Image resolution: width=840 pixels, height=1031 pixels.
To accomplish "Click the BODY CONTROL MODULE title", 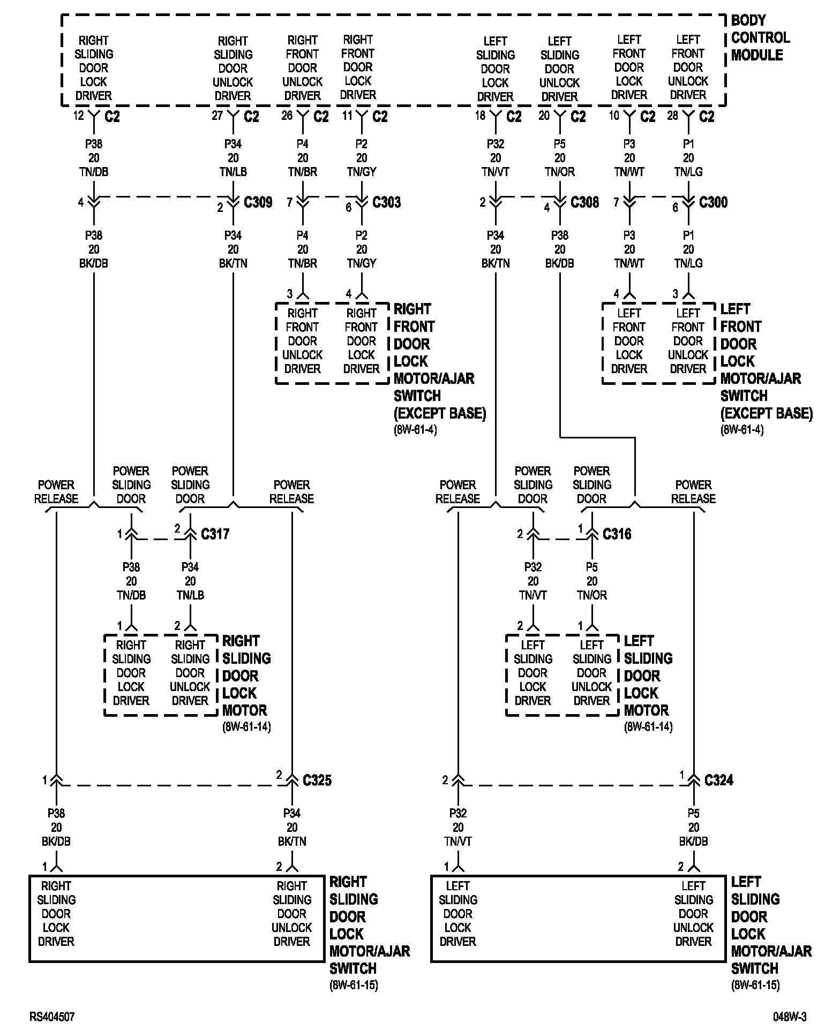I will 760,38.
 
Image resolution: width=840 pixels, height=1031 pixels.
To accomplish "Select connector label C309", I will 258,202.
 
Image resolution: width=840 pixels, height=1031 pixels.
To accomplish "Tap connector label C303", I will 386,202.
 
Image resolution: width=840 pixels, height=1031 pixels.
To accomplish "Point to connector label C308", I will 584,202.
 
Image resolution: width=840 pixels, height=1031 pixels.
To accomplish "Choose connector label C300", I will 713,202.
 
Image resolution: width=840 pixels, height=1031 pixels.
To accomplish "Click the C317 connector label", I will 215,534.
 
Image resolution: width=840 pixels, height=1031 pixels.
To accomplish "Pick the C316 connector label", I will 617,534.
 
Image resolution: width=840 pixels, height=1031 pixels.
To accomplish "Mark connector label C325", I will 317,780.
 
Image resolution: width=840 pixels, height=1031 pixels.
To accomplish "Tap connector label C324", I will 718,780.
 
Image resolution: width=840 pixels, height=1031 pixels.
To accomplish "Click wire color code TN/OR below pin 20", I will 560,172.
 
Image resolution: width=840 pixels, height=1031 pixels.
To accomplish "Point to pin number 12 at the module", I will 79,116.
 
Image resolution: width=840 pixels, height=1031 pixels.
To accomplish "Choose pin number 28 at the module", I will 672,116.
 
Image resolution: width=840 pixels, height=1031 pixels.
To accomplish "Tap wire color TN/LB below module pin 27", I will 233,172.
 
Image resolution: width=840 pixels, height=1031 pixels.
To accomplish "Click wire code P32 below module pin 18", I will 496,144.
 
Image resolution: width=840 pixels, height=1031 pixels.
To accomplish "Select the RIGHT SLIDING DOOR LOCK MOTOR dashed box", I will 160,674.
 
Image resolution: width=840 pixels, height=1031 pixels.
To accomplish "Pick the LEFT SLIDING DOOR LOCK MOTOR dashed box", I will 562,674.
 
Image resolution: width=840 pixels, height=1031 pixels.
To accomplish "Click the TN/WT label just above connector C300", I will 629,172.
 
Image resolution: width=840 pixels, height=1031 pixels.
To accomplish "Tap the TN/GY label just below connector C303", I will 362,263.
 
